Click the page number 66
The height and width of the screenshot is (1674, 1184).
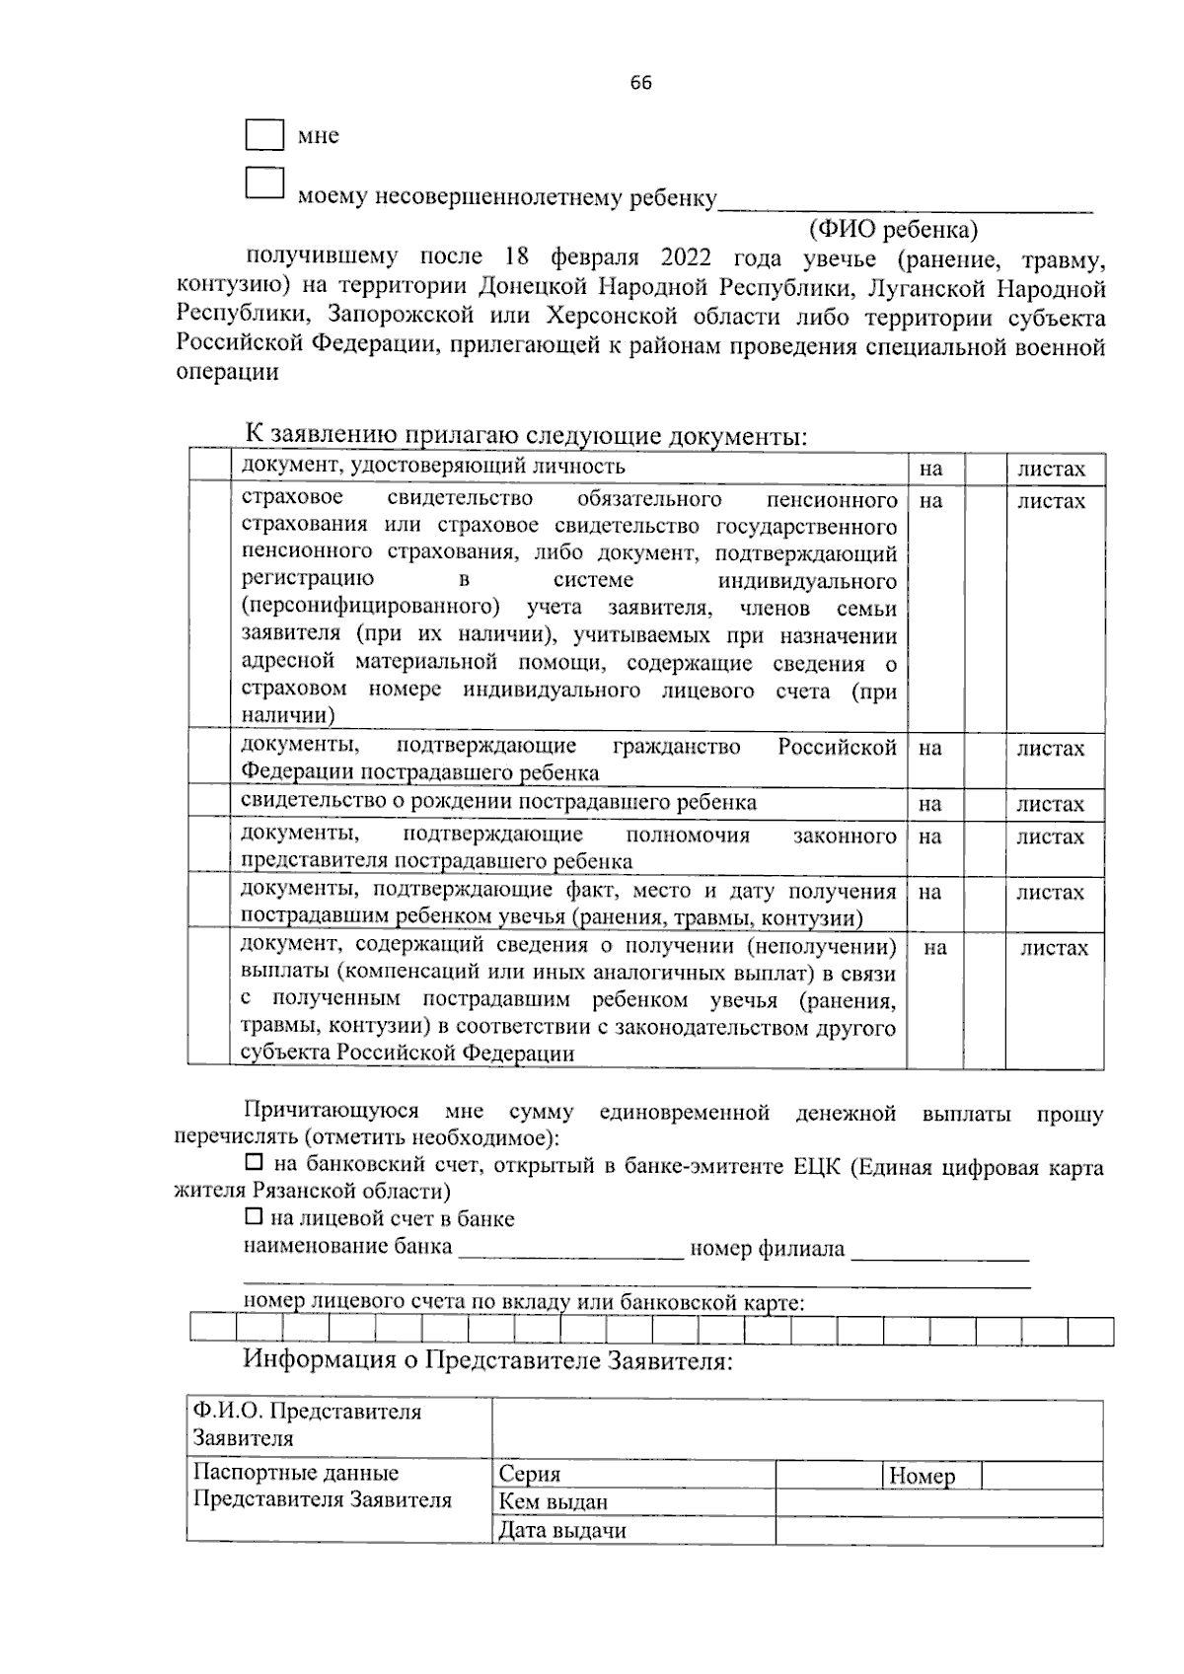(x=641, y=83)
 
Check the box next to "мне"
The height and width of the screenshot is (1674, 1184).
(x=264, y=135)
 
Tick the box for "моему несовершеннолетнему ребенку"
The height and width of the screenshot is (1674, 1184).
(x=264, y=184)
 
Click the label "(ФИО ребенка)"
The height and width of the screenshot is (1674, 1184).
(x=893, y=230)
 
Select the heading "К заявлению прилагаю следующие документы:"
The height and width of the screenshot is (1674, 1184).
(x=526, y=436)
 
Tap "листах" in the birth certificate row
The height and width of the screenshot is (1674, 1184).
(x=1051, y=804)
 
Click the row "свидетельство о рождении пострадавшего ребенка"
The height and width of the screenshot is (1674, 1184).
(x=498, y=802)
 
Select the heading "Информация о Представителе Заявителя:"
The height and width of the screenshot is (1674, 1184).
(x=488, y=1360)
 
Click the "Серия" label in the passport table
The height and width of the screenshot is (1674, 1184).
(x=530, y=1474)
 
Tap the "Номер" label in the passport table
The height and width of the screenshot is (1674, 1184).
(x=922, y=1476)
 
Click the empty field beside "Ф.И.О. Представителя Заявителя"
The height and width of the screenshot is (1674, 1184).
(x=796, y=1427)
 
